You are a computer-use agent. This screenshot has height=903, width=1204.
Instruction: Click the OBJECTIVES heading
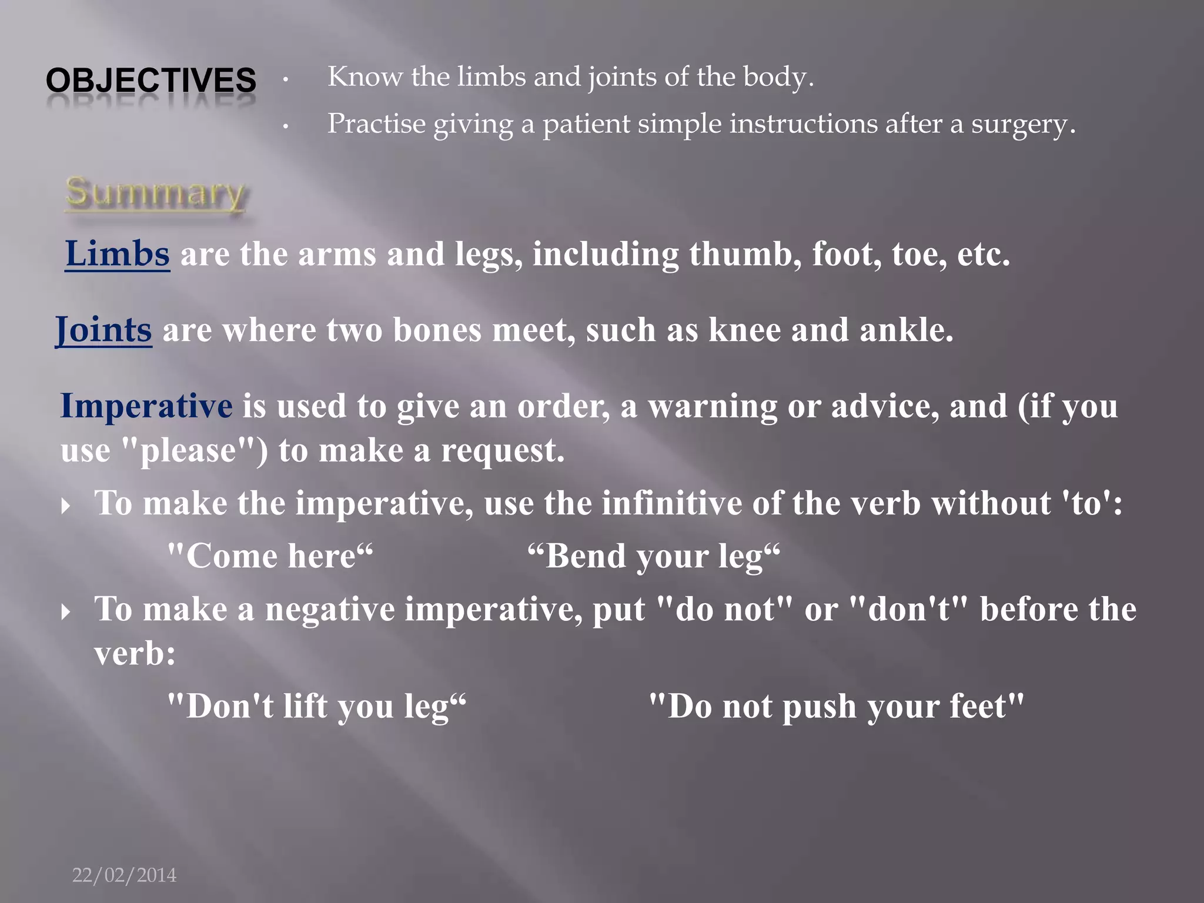coord(151,80)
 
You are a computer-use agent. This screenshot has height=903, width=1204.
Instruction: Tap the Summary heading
coord(155,193)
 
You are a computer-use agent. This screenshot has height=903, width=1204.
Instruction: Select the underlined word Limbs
coord(118,254)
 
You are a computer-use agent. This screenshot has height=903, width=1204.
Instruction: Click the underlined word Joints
coord(103,330)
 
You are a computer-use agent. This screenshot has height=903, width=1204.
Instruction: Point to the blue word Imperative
coord(146,406)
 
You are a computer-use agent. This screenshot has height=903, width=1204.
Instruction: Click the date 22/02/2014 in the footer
coord(124,875)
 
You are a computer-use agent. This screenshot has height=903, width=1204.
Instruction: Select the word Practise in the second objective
coord(376,125)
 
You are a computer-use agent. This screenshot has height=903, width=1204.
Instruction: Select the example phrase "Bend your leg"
coord(654,556)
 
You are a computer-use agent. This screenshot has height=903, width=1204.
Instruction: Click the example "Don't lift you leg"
coord(316,706)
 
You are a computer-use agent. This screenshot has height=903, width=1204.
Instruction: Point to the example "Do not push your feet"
coord(836,706)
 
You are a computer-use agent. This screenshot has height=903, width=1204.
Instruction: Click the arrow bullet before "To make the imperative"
coord(66,506)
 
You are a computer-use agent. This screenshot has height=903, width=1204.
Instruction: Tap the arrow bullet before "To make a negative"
coord(66,612)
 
